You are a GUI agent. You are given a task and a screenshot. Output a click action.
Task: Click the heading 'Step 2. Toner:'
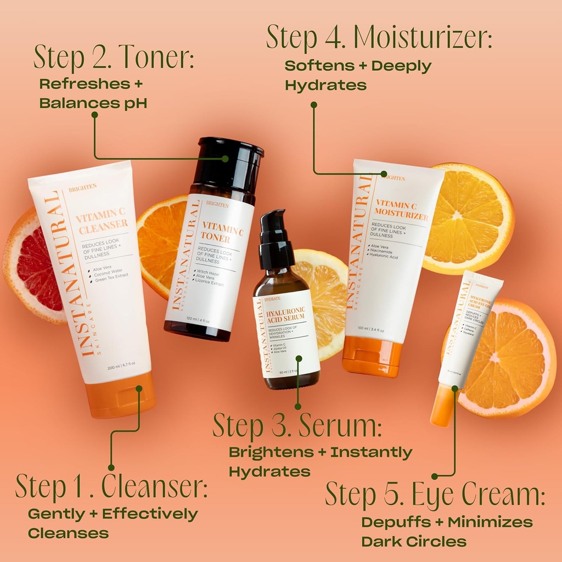tap(114, 57)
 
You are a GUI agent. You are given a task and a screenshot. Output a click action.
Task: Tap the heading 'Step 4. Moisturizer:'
tap(379, 36)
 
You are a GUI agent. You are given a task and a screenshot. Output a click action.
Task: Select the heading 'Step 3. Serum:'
tap(297, 426)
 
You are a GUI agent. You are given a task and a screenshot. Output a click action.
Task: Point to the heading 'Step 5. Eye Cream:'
tap(435, 494)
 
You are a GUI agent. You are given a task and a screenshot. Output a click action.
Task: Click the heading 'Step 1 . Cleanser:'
tap(111, 486)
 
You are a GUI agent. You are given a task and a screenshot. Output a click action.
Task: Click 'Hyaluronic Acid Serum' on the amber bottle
tap(285, 317)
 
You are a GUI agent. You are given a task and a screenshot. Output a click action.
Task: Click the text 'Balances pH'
tap(93, 103)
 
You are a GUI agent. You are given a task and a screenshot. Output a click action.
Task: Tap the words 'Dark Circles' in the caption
tap(413, 542)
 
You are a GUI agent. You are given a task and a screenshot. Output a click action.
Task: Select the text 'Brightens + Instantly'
tap(320, 453)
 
